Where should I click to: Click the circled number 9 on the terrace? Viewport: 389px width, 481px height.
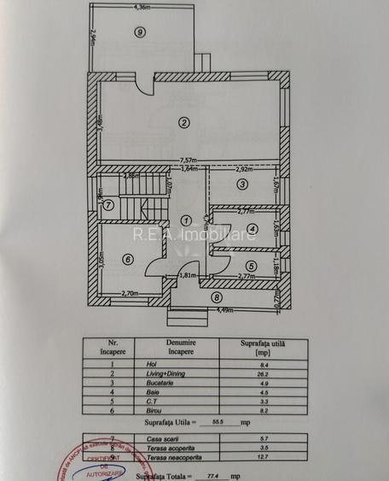pyautogui.click(x=139, y=32)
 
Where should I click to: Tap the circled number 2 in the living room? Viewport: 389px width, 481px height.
pyautogui.click(x=183, y=122)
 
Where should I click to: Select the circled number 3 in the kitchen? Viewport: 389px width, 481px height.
pyautogui.click(x=241, y=184)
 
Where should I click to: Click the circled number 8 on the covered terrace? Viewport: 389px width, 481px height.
pyautogui.click(x=217, y=297)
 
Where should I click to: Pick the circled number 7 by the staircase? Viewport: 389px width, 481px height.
pyautogui.click(x=108, y=204)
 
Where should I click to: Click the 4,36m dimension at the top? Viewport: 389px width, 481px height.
pyautogui.click(x=142, y=8)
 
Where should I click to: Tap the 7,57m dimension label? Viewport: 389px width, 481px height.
pyautogui.click(x=189, y=160)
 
